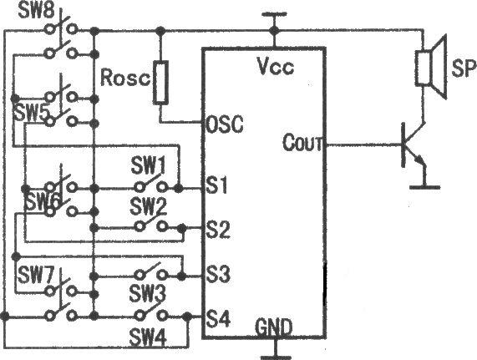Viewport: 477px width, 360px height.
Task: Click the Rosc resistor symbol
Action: pyautogui.click(x=160, y=83)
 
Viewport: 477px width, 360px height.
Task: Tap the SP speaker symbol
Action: pyautogui.click(x=431, y=67)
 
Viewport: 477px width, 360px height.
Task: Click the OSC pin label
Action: pyautogui.click(x=225, y=124)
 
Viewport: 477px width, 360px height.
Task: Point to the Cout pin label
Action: pyautogui.click(x=302, y=142)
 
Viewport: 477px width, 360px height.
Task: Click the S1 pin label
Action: pyautogui.click(x=216, y=185)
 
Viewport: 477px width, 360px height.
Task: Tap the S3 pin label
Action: pyautogui.click(x=218, y=274)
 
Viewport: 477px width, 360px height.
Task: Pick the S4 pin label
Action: pyautogui.click(x=218, y=318)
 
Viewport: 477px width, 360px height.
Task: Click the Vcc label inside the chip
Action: pyautogui.click(x=276, y=66)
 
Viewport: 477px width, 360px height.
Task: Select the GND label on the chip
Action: pyautogui.click(x=274, y=327)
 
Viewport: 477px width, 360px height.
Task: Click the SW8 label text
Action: pyautogui.click(x=37, y=11)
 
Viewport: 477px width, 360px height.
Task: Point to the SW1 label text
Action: pyautogui.click(x=149, y=165)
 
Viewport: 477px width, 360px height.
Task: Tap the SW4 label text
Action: pyautogui.click(x=148, y=337)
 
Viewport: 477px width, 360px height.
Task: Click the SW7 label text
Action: pyautogui.click(x=36, y=275)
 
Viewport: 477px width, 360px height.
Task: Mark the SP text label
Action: pyautogui.click(x=464, y=68)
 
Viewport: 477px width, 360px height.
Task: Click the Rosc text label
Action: pyautogui.click(x=125, y=77)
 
